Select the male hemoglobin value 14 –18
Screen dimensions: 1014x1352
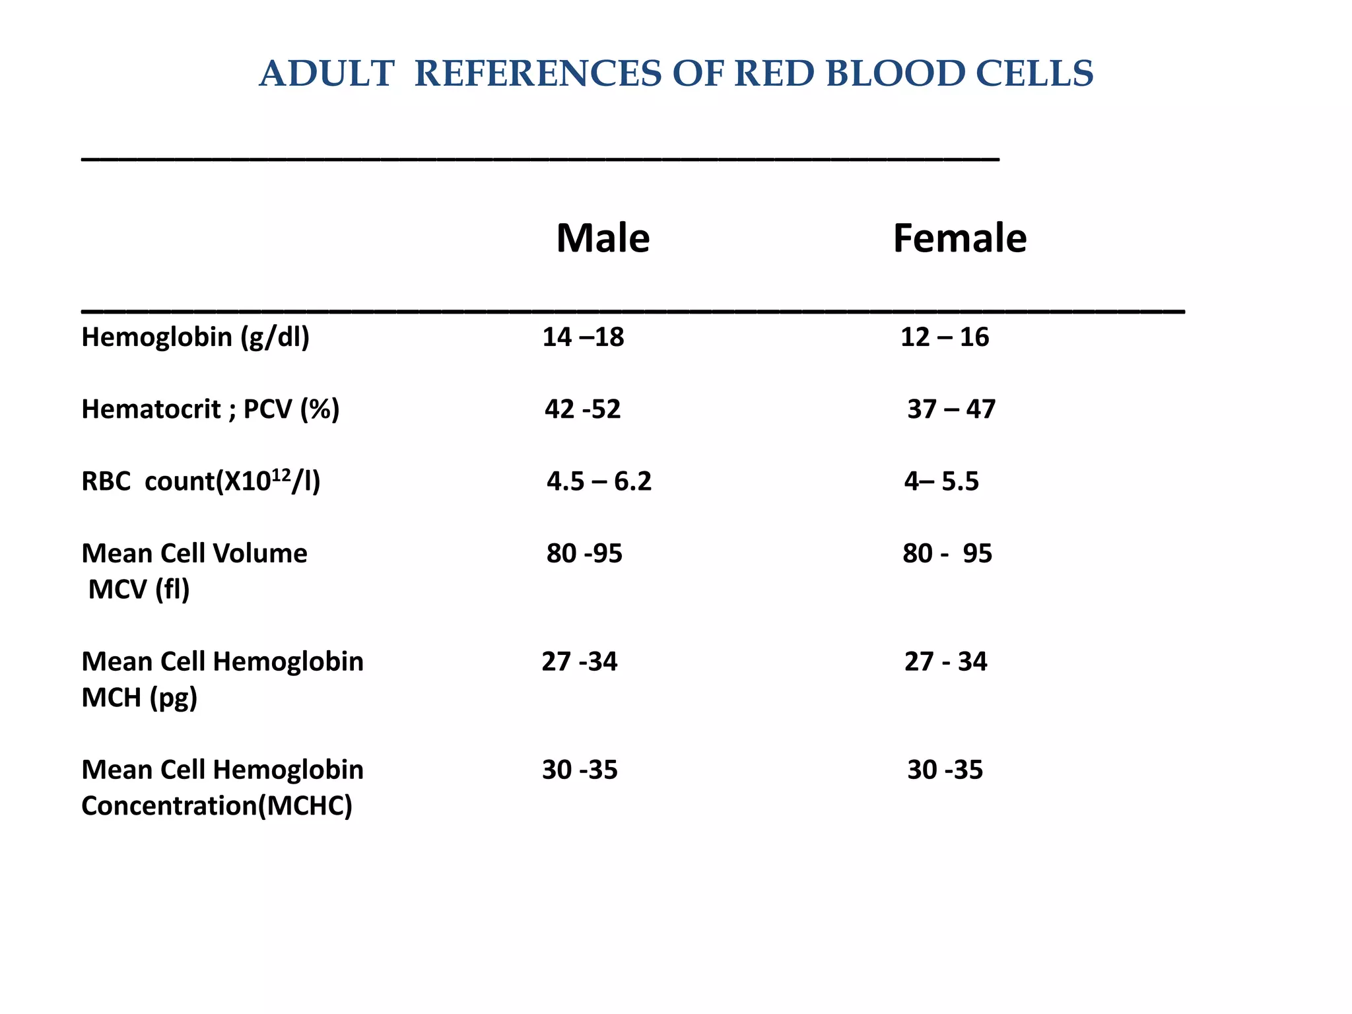coord(583,337)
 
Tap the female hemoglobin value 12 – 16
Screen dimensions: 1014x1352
coord(944,337)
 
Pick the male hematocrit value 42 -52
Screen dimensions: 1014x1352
coord(582,409)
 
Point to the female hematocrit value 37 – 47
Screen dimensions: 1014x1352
coord(951,409)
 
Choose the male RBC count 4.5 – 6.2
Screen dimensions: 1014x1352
coord(599,481)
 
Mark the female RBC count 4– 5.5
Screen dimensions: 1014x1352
coord(941,481)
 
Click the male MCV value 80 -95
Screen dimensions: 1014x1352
coord(584,553)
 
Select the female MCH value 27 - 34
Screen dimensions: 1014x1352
coord(945,661)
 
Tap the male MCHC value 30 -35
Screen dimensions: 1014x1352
coord(580,770)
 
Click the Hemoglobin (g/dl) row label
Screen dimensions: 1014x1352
coord(195,337)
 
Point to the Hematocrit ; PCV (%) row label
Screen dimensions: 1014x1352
coord(210,409)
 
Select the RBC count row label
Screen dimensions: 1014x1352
coord(201,481)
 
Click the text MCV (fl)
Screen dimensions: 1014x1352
coord(139,590)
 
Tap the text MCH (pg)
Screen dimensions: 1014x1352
coord(139,698)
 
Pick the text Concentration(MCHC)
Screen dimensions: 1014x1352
coord(217,806)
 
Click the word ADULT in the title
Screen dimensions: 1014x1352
coord(327,73)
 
